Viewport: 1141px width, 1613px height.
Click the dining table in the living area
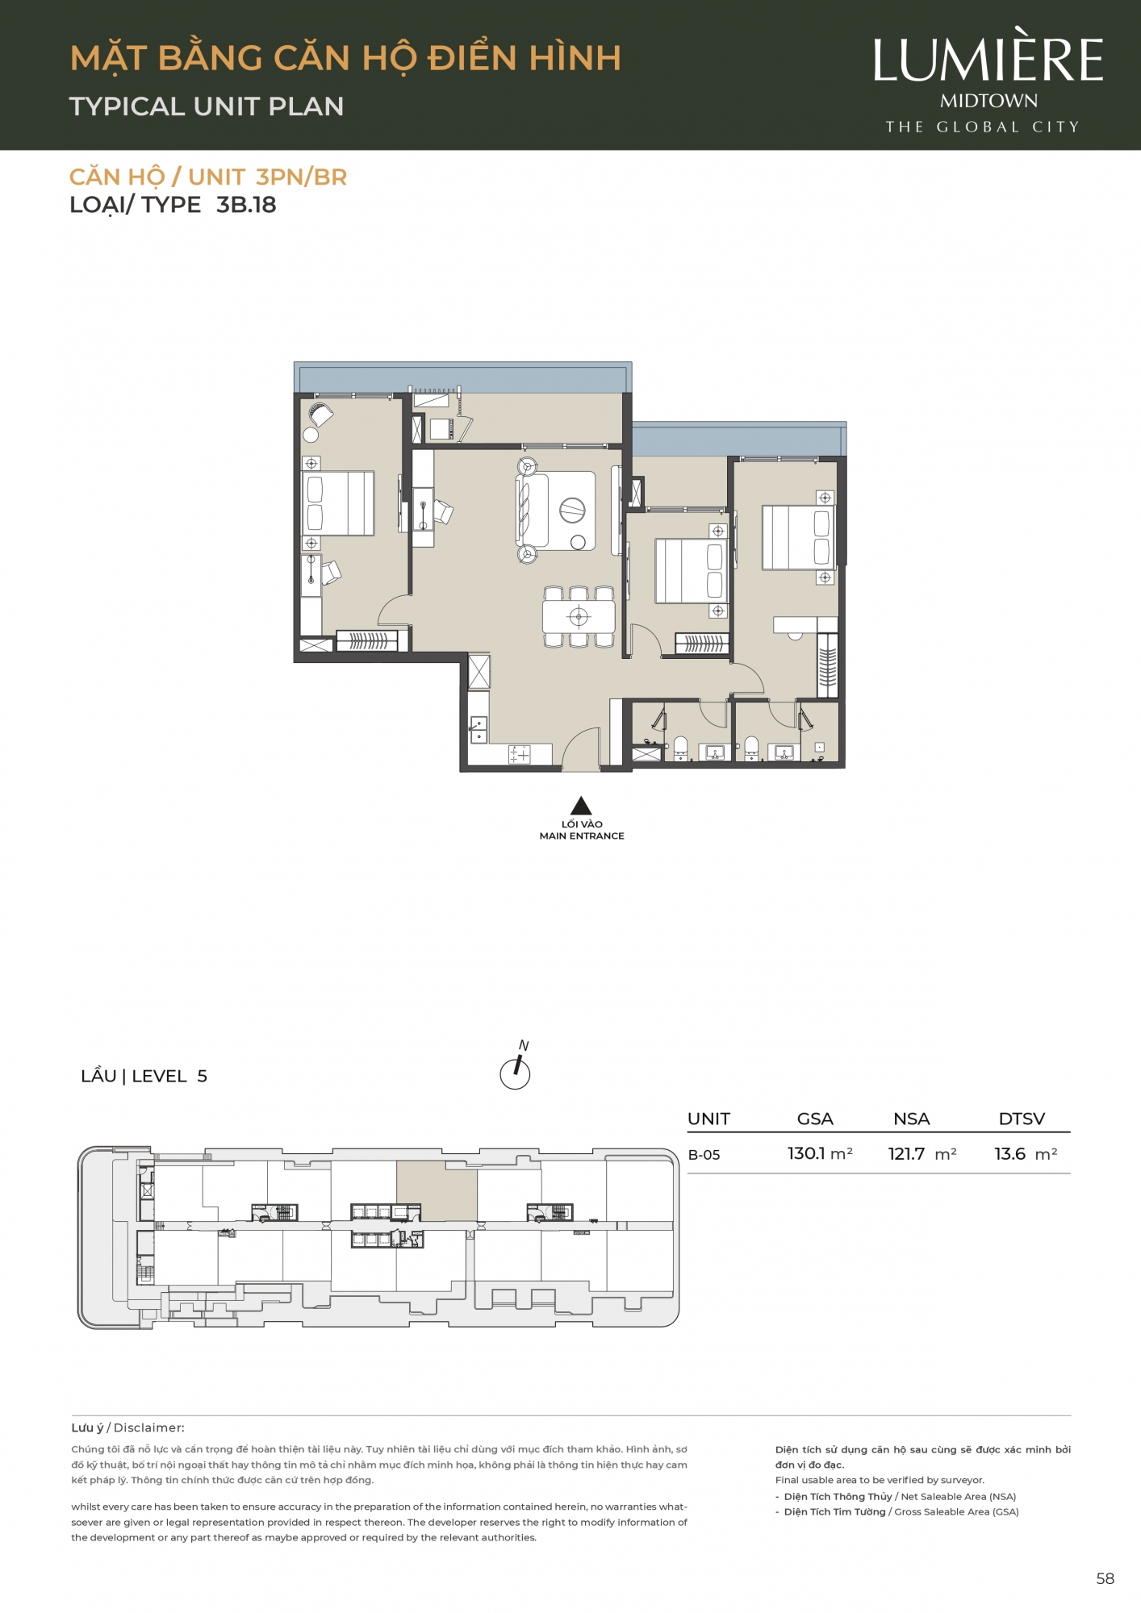coord(579,617)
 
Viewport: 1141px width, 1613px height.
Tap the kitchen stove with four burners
coord(519,755)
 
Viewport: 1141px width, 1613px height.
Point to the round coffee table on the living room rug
coord(572,510)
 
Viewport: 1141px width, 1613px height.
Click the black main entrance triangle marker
coord(581,806)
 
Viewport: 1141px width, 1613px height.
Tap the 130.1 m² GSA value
coord(820,1153)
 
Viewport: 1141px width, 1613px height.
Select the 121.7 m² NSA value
coord(922,1154)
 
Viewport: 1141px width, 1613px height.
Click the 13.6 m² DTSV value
coord(1026,1154)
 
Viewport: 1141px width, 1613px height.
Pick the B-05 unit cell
coord(704,1155)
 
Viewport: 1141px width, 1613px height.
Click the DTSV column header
coord(1022,1119)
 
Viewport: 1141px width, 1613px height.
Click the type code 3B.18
coord(246,205)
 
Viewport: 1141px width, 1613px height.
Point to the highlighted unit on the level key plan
coord(437,1191)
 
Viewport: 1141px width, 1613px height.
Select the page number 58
coord(1105,1578)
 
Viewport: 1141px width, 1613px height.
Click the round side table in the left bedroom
coord(311,435)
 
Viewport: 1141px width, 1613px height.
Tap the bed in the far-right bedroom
coord(798,537)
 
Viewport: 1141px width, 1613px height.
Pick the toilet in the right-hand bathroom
coord(751,748)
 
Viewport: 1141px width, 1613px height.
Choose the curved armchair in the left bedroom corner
coord(321,415)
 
